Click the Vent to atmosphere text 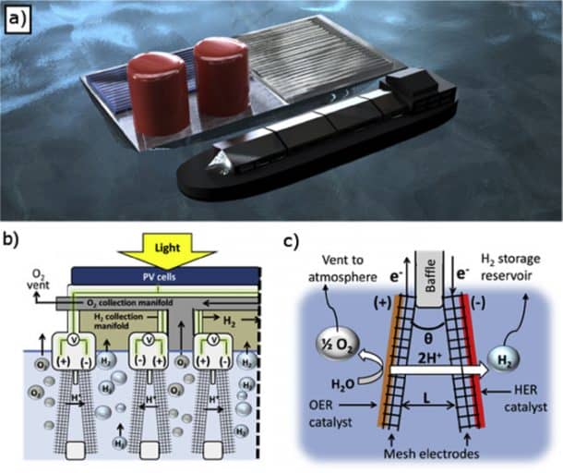click(337, 269)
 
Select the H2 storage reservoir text click(522, 269)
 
